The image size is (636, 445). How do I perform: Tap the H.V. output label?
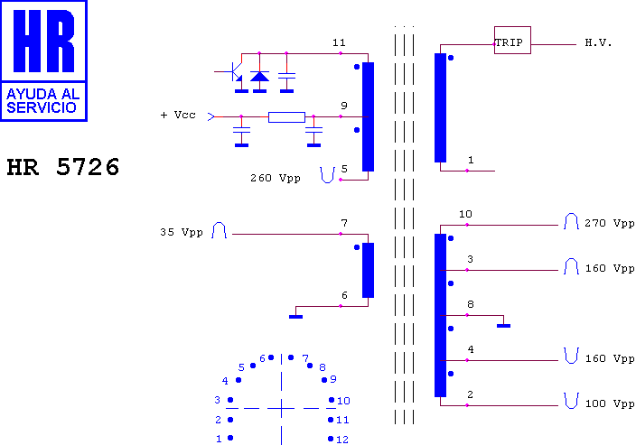pyautogui.click(x=598, y=42)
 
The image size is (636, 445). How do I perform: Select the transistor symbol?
pyautogui.click(x=232, y=72)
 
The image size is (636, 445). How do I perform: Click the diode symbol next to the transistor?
pyautogui.click(x=259, y=76)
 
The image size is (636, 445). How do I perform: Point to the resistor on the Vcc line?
pyautogui.click(x=286, y=117)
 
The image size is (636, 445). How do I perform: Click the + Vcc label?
pyautogui.click(x=178, y=116)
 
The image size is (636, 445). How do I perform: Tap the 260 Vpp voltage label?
pyautogui.click(x=276, y=178)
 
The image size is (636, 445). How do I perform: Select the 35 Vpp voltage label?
pyautogui.click(x=182, y=232)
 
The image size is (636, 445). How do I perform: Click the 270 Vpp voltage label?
pyautogui.click(x=609, y=223)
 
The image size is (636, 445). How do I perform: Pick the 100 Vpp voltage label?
pyautogui.click(x=610, y=403)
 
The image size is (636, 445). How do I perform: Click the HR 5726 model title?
pyautogui.click(x=63, y=167)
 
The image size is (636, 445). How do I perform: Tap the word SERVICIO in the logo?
pyautogui.click(x=42, y=107)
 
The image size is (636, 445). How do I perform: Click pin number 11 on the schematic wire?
pyautogui.click(x=339, y=42)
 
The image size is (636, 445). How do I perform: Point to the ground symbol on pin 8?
pyautogui.click(x=504, y=326)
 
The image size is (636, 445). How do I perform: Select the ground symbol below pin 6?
pyautogui.click(x=295, y=317)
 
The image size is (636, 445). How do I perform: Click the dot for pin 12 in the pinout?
pyautogui.click(x=331, y=439)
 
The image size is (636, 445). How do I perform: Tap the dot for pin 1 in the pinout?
pyautogui.click(x=230, y=438)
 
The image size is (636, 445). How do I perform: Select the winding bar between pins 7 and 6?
pyautogui.click(x=368, y=270)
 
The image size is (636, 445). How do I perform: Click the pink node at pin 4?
pyautogui.click(x=467, y=360)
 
